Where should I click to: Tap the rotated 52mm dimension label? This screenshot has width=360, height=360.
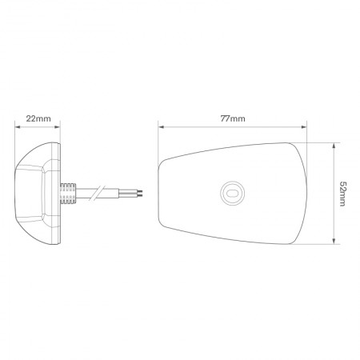click(343, 192)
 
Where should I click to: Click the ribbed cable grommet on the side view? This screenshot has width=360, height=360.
click(67, 191)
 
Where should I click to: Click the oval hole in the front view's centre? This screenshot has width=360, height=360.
click(233, 191)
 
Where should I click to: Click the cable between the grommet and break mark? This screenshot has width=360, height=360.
click(84, 192)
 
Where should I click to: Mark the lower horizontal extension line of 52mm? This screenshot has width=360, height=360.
click(320, 243)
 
